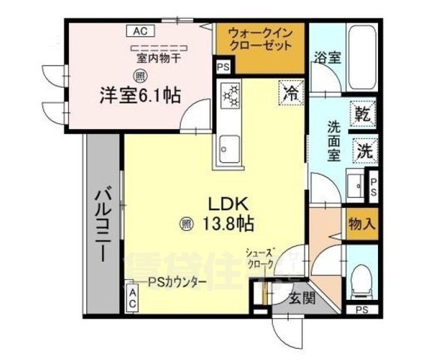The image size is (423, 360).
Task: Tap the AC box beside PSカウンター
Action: click(130, 298)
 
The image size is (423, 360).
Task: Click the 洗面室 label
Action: click(333, 140)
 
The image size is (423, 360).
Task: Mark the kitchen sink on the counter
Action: click(229, 147)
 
